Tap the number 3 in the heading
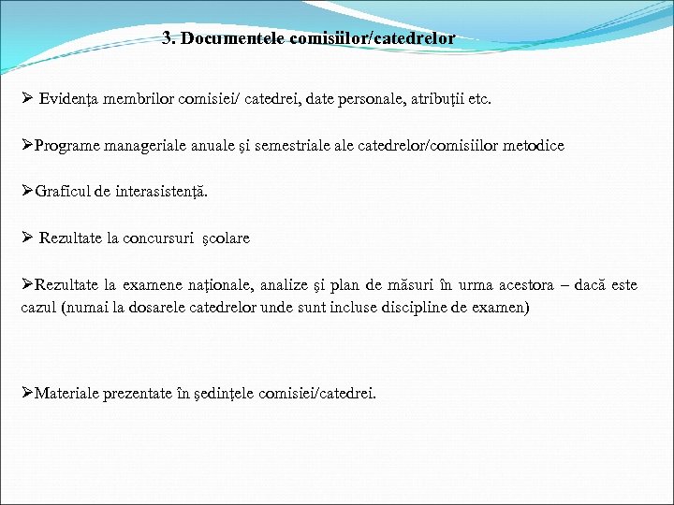click(x=167, y=39)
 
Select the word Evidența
click(x=70, y=99)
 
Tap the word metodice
click(x=533, y=146)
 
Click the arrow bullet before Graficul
click(x=27, y=192)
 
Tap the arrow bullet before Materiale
click(x=27, y=394)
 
